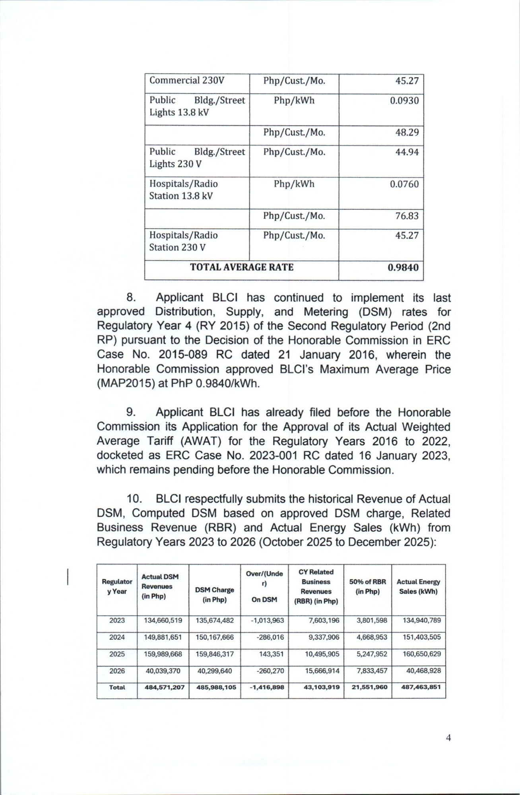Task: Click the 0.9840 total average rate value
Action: [403, 268]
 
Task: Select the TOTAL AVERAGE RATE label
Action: [242, 267]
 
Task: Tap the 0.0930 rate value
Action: [404, 101]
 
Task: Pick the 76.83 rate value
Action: [407, 216]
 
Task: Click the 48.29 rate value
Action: [407, 132]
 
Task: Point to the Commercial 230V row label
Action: [187, 81]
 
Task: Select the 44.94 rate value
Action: [407, 152]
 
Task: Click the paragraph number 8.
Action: [131, 298]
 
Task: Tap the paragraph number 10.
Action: [134, 499]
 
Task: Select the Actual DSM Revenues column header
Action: [160, 586]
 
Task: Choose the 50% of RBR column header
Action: [367, 586]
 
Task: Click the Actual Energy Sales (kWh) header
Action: [418, 586]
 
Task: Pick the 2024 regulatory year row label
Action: [117, 637]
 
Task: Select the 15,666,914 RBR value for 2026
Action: [322, 671]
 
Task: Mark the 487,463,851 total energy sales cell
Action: [421, 687]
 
